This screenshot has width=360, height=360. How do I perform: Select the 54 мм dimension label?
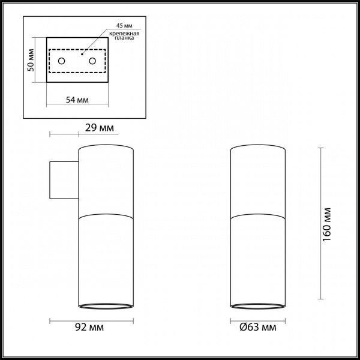coord(76,99)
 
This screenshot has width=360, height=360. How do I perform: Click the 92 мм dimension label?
coord(91,328)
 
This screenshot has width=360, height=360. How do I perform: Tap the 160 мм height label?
coord(327,224)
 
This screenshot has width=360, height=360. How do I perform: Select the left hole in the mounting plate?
coord(61,61)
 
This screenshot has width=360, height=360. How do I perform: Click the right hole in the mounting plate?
coord(92,61)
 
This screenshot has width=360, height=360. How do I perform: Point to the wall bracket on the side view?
coord(63,179)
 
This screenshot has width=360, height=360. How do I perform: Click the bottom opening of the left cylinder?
coord(106,305)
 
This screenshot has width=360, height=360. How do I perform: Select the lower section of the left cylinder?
coord(106,258)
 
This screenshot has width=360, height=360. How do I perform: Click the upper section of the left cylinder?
coord(106,180)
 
